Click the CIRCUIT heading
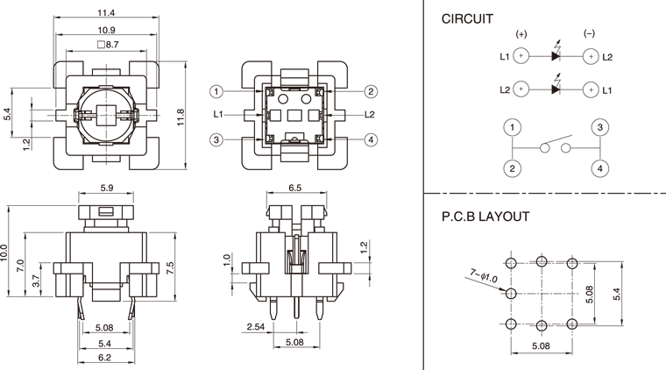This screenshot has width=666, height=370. [466, 18]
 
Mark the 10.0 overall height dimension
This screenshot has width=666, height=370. [5, 253]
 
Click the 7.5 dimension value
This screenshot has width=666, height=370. [170, 266]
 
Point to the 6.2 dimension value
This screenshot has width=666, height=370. [104, 358]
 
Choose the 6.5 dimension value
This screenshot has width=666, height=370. [294, 188]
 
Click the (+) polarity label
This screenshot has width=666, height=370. [521, 33]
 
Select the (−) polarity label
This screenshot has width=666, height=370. [590, 33]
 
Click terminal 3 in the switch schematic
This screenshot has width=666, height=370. [599, 128]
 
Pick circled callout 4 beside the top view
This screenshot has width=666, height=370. [372, 139]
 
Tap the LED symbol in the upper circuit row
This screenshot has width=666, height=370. [556, 56]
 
